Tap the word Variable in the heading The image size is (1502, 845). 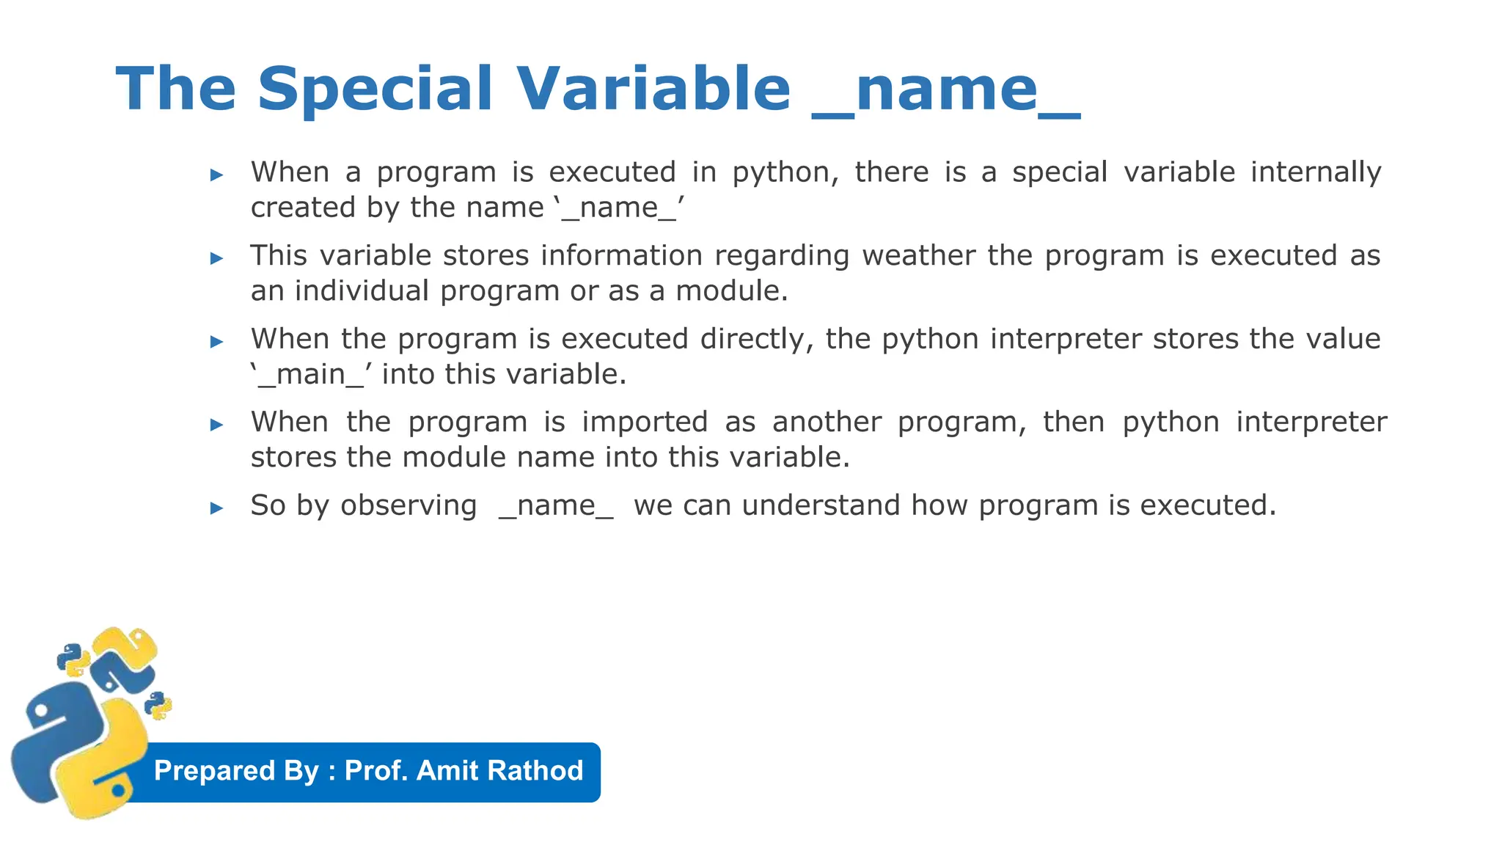click(x=653, y=89)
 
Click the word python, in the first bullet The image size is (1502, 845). click(x=785, y=173)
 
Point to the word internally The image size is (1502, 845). click(x=1316, y=173)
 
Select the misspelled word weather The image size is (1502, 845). click(x=918, y=256)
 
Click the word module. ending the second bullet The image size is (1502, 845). click(x=731, y=291)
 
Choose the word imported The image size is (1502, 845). click(x=645, y=422)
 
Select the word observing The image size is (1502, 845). click(x=409, y=506)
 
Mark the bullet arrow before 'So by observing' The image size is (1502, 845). click(x=216, y=508)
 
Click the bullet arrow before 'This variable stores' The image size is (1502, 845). click(x=216, y=258)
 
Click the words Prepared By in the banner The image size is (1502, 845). click(x=236, y=771)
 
